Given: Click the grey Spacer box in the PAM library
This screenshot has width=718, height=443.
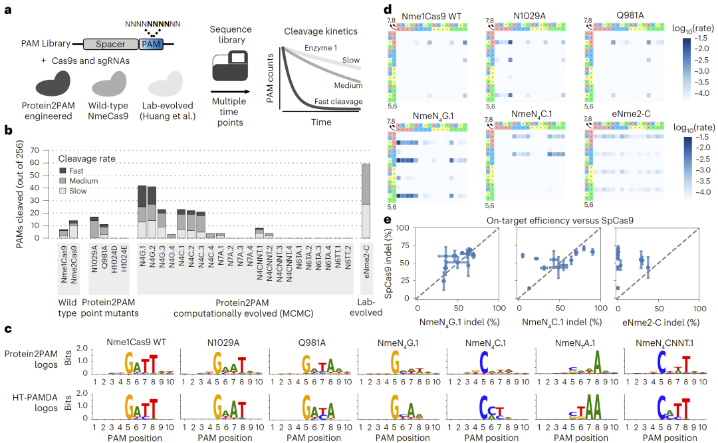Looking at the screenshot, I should click(x=110, y=45).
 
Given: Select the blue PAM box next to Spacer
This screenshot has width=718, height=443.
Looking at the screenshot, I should click(x=148, y=45).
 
